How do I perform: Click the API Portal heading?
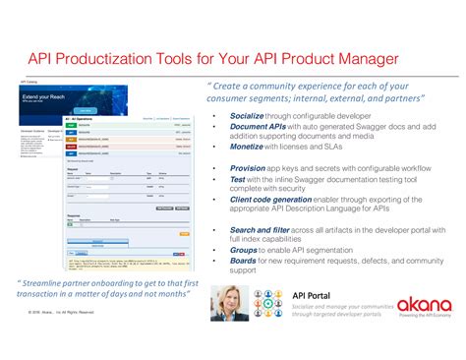tap(316, 294)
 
